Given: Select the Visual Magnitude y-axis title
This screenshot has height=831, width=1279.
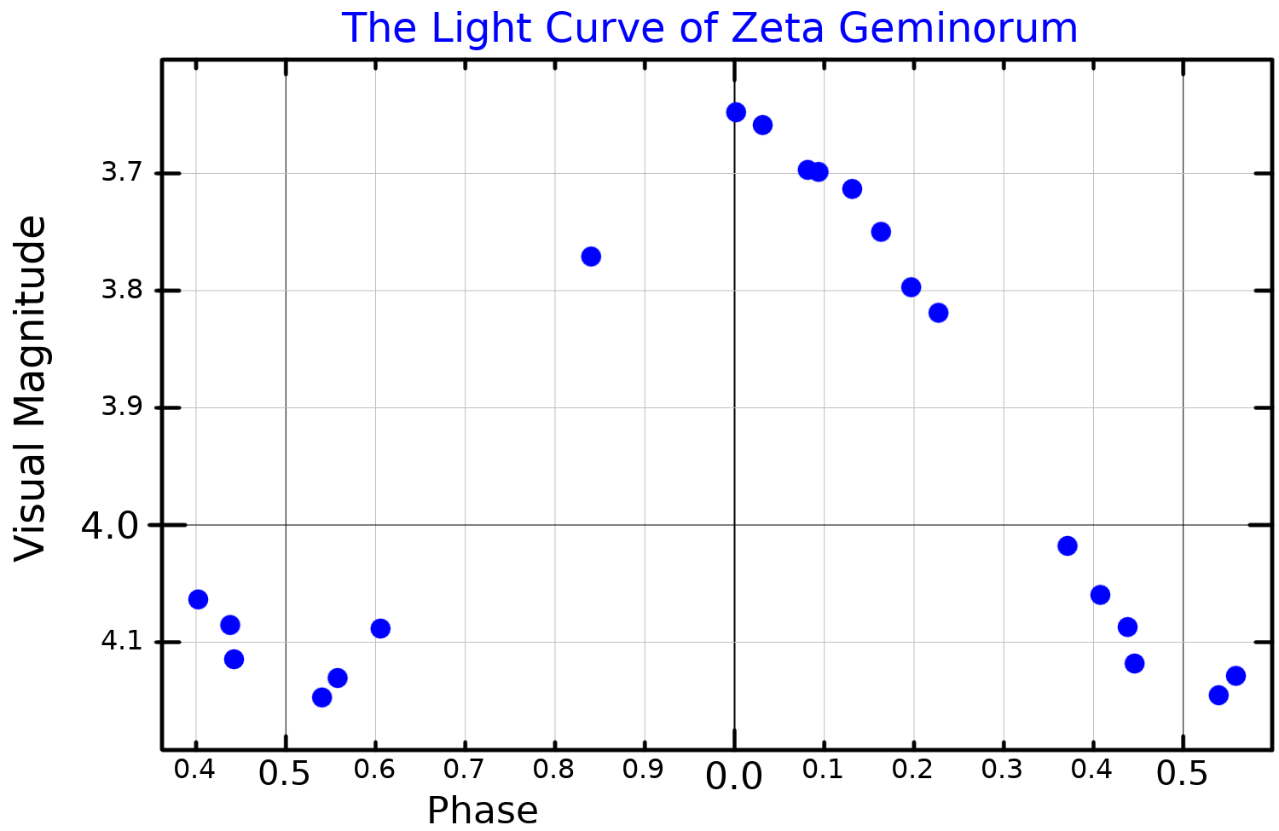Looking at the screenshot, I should point(31,388).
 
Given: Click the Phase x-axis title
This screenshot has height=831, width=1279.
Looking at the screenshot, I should point(483,810).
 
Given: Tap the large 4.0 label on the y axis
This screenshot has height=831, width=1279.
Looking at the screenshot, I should point(109,526).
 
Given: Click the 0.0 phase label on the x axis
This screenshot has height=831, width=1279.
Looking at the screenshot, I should point(734,776).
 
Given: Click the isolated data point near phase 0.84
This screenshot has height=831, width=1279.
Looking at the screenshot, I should point(591,257).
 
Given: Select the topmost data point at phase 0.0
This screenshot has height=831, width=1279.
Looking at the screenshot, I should point(736,113).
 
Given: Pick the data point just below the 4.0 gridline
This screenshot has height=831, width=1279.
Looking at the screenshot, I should point(1068,546).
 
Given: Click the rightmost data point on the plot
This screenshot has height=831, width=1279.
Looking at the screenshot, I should point(1236,676).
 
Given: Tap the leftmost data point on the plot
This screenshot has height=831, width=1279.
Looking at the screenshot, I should point(198,599).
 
